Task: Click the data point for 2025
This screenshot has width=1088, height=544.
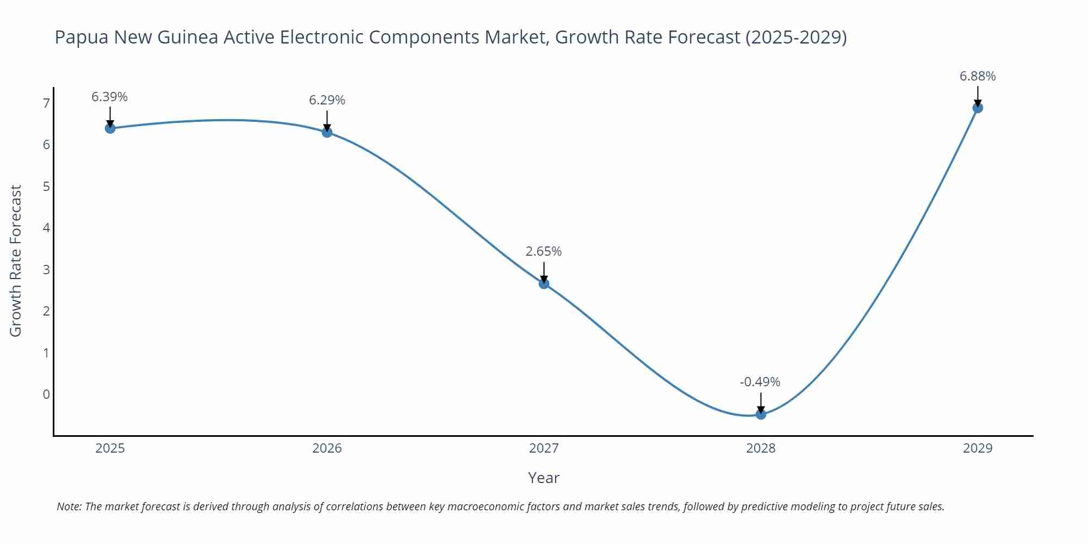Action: (110, 128)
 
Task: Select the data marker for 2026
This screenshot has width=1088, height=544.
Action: (327, 132)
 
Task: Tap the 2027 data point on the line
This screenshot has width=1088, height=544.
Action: (544, 283)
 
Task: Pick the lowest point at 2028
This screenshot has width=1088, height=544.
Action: (761, 414)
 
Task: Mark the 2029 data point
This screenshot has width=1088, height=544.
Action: (978, 108)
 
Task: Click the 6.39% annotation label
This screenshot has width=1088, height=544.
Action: (109, 97)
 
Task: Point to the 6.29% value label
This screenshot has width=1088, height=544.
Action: (327, 100)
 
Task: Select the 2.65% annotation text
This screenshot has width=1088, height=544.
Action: (543, 251)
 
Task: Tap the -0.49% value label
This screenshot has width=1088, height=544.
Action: (760, 382)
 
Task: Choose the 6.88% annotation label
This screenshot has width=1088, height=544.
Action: (978, 76)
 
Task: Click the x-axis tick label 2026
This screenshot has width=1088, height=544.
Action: (327, 448)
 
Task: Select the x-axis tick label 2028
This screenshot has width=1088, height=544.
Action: (761, 448)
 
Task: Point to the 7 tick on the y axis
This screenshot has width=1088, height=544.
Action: (46, 103)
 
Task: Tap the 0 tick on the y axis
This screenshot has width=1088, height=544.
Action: (46, 394)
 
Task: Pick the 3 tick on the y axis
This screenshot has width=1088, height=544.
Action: (46, 269)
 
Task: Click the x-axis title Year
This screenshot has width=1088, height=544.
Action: (543, 478)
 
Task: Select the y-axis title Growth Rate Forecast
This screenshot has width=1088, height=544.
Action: (16, 261)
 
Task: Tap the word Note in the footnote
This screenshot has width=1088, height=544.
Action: (69, 506)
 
